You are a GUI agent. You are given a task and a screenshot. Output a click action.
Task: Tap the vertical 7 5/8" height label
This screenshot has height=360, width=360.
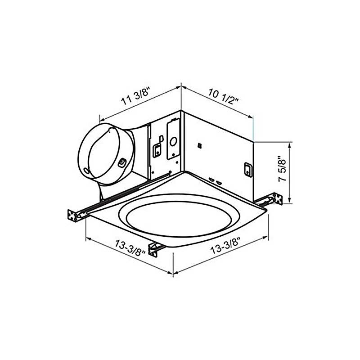(x=282, y=169)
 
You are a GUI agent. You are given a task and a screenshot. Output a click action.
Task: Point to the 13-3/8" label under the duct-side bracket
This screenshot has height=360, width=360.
(x=130, y=248)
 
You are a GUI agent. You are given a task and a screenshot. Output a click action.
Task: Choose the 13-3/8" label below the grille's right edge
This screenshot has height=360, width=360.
(x=225, y=246)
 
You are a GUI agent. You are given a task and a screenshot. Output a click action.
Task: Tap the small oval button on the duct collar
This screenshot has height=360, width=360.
(x=121, y=163)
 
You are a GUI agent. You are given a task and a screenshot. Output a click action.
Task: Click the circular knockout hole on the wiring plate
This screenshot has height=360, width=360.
(x=173, y=142)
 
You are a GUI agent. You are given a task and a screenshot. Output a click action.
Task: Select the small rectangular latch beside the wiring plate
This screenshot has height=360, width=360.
(x=157, y=151)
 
